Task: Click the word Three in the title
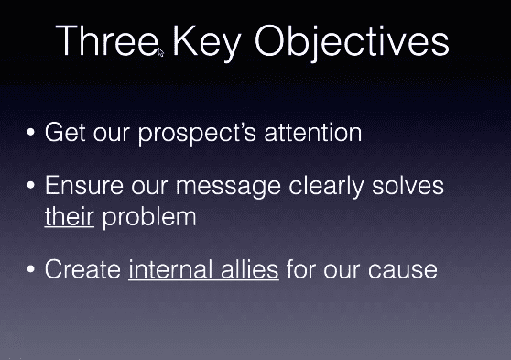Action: [x=107, y=40]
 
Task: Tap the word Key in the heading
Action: [x=207, y=43]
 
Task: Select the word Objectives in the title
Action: [x=353, y=43]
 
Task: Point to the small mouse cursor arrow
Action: [x=160, y=52]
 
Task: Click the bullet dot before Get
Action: [x=31, y=132]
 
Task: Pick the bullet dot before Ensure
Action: [x=31, y=185]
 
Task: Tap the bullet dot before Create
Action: [x=31, y=269]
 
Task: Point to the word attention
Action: [x=313, y=133]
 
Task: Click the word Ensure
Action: [x=84, y=185]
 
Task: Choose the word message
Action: [x=228, y=187]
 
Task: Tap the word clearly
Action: [x=326, y=187]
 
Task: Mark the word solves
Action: [x=408, y=185]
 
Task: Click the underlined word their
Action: [x=70, y=216]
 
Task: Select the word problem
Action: [x=149, y=218]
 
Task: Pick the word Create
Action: [x=82, y=269]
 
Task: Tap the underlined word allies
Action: [x=250, y=269]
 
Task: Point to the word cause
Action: [x=403, y=271]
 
